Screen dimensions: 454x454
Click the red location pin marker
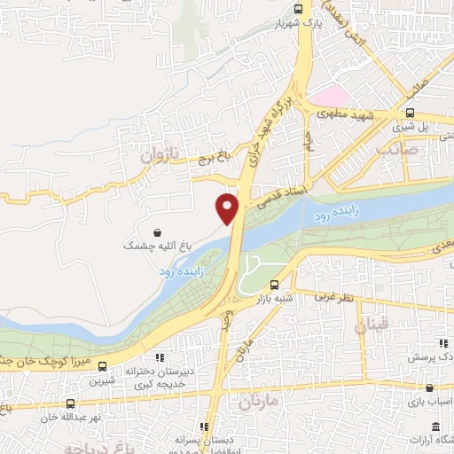point(228,207)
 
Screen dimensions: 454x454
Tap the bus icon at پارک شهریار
point(298,9)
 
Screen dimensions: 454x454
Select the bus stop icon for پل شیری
point(410,113)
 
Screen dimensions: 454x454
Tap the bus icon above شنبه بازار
point(274,286)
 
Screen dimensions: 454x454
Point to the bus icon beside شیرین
point(103,366)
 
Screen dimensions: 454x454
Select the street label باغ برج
point(213,156)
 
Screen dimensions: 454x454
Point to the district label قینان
point(371,326)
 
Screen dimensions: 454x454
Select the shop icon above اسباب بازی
point(429,388)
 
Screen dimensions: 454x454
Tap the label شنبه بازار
point(275,300)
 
